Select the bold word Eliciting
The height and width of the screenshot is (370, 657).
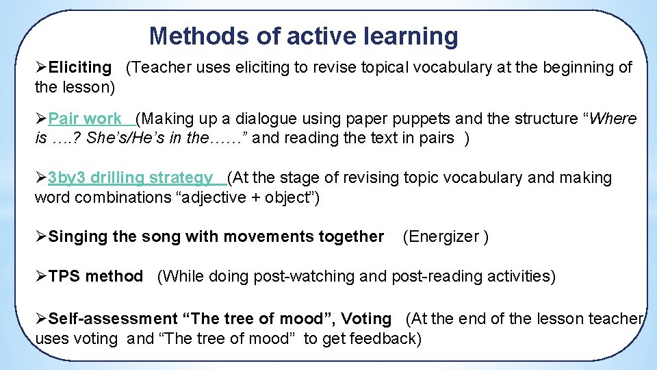click(79, 67)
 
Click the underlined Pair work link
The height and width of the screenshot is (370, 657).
click(85, 119)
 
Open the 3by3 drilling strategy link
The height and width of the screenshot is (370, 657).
click(130, 178)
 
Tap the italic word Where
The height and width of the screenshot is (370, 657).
click(613, 119)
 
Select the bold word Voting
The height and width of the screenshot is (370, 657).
click(366, 319)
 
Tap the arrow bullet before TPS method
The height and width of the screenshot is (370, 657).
click(41, 277)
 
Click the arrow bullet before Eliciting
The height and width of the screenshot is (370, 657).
click(41, 67)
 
